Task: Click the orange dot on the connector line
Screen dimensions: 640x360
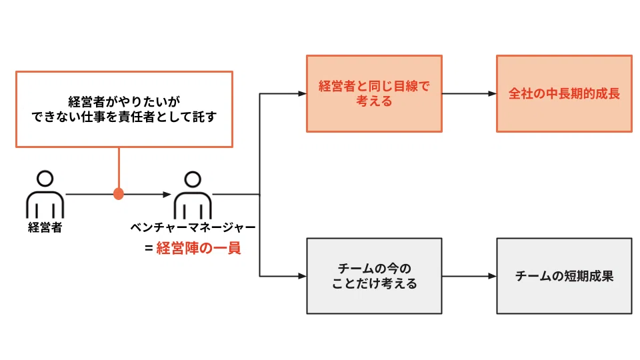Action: click(119, 194)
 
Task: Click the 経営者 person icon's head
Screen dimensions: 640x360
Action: click(45, 179)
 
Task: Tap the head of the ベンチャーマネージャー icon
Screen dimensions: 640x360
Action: click(193, 179)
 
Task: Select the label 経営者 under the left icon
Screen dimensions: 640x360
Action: click(45, 227)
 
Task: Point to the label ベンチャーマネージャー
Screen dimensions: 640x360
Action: click(193, 227)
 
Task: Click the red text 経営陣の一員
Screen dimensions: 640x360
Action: click(199, 248)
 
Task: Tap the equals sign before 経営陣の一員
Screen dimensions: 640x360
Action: click(149, 248)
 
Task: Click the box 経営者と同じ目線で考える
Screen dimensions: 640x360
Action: click(374, 93)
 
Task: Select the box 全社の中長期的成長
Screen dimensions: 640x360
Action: click(564, 93)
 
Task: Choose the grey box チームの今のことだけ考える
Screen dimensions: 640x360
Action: click(374, 276)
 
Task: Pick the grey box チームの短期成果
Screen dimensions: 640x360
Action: click(564, 276)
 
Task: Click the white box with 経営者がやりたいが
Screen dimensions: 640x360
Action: click(124, 109)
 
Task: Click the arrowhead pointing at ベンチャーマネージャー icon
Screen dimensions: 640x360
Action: click(167, 194)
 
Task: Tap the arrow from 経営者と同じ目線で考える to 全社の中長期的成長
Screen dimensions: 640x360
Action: click(469, 93)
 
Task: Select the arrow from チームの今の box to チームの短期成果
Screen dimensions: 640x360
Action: click(469, 276)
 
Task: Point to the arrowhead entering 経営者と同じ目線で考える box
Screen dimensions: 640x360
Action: click(302, 93)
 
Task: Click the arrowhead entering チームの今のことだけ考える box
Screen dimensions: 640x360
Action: click(302, 276)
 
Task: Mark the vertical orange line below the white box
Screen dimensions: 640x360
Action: click(119, 168)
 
